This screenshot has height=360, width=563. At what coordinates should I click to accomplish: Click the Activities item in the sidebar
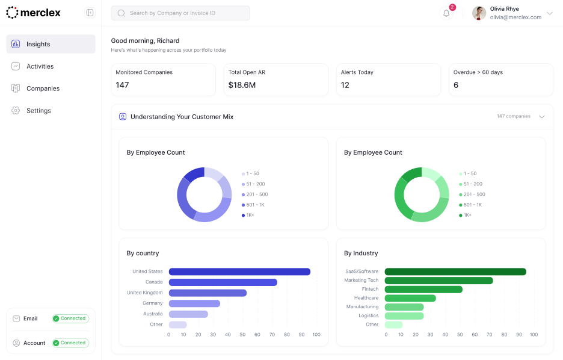coord(40,66)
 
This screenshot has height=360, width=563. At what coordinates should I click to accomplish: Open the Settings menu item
coord(38,111)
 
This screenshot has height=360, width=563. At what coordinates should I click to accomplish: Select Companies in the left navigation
coord(43,88)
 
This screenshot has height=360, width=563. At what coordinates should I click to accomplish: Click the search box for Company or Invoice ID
coord(180,13)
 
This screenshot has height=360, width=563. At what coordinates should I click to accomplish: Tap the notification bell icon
coord(446,13)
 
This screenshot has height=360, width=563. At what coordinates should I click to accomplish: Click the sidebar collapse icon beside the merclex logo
coord(90,13)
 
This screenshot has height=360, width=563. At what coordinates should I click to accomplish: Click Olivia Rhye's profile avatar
coord(479,13)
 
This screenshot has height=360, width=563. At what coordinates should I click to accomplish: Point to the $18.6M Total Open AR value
coord(242,85)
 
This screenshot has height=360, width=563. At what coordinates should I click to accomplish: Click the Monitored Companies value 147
coord(122,85)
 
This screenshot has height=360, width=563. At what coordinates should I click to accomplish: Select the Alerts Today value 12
coord(345,85)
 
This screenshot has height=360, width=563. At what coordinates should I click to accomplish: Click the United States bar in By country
coord(239,272)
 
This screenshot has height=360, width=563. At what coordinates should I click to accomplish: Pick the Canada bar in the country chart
coord(223,282)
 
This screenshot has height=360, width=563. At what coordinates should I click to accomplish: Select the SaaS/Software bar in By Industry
coord(455,272)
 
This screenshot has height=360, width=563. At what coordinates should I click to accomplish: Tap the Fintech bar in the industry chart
coord(423,290)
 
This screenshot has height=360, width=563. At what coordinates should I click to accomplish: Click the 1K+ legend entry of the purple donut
coord(250,215)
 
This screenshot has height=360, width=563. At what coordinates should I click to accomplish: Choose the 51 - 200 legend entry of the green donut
coord(472,184)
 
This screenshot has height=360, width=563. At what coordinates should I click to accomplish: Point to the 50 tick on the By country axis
coord(242,335)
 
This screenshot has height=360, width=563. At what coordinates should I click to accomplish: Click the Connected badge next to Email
coord(70,318)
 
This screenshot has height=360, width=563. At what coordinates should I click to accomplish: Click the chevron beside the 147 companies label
coord(542,117)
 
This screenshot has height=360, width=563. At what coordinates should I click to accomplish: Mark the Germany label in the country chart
coord(153,303)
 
